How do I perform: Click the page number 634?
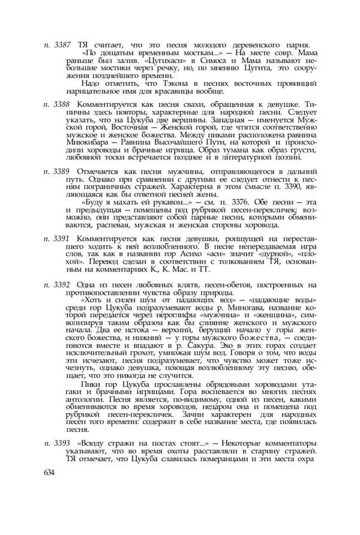(50, 473)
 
